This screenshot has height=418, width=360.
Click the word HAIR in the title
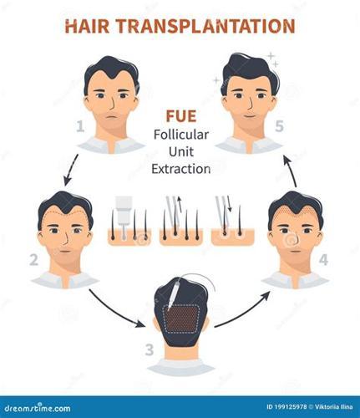(87, 26)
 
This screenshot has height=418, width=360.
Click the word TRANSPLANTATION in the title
(205, 26)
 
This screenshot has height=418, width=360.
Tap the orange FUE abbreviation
(181, 116)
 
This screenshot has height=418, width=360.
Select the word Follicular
(181, 135)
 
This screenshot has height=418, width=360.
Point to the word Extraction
(181, 169)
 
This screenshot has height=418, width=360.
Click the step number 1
(80, 126)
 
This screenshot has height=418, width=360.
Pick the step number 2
(33, 260)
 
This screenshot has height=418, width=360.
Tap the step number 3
(150, 349)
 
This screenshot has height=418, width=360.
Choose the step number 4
(323, 260)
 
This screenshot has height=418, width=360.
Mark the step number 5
(279, 126)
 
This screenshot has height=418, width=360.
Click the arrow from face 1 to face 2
(70, 170)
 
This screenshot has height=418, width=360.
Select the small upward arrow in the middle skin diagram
(180, 204)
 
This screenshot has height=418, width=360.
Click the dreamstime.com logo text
(38, 408)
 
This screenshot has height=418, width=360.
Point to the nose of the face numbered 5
(250, 103)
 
